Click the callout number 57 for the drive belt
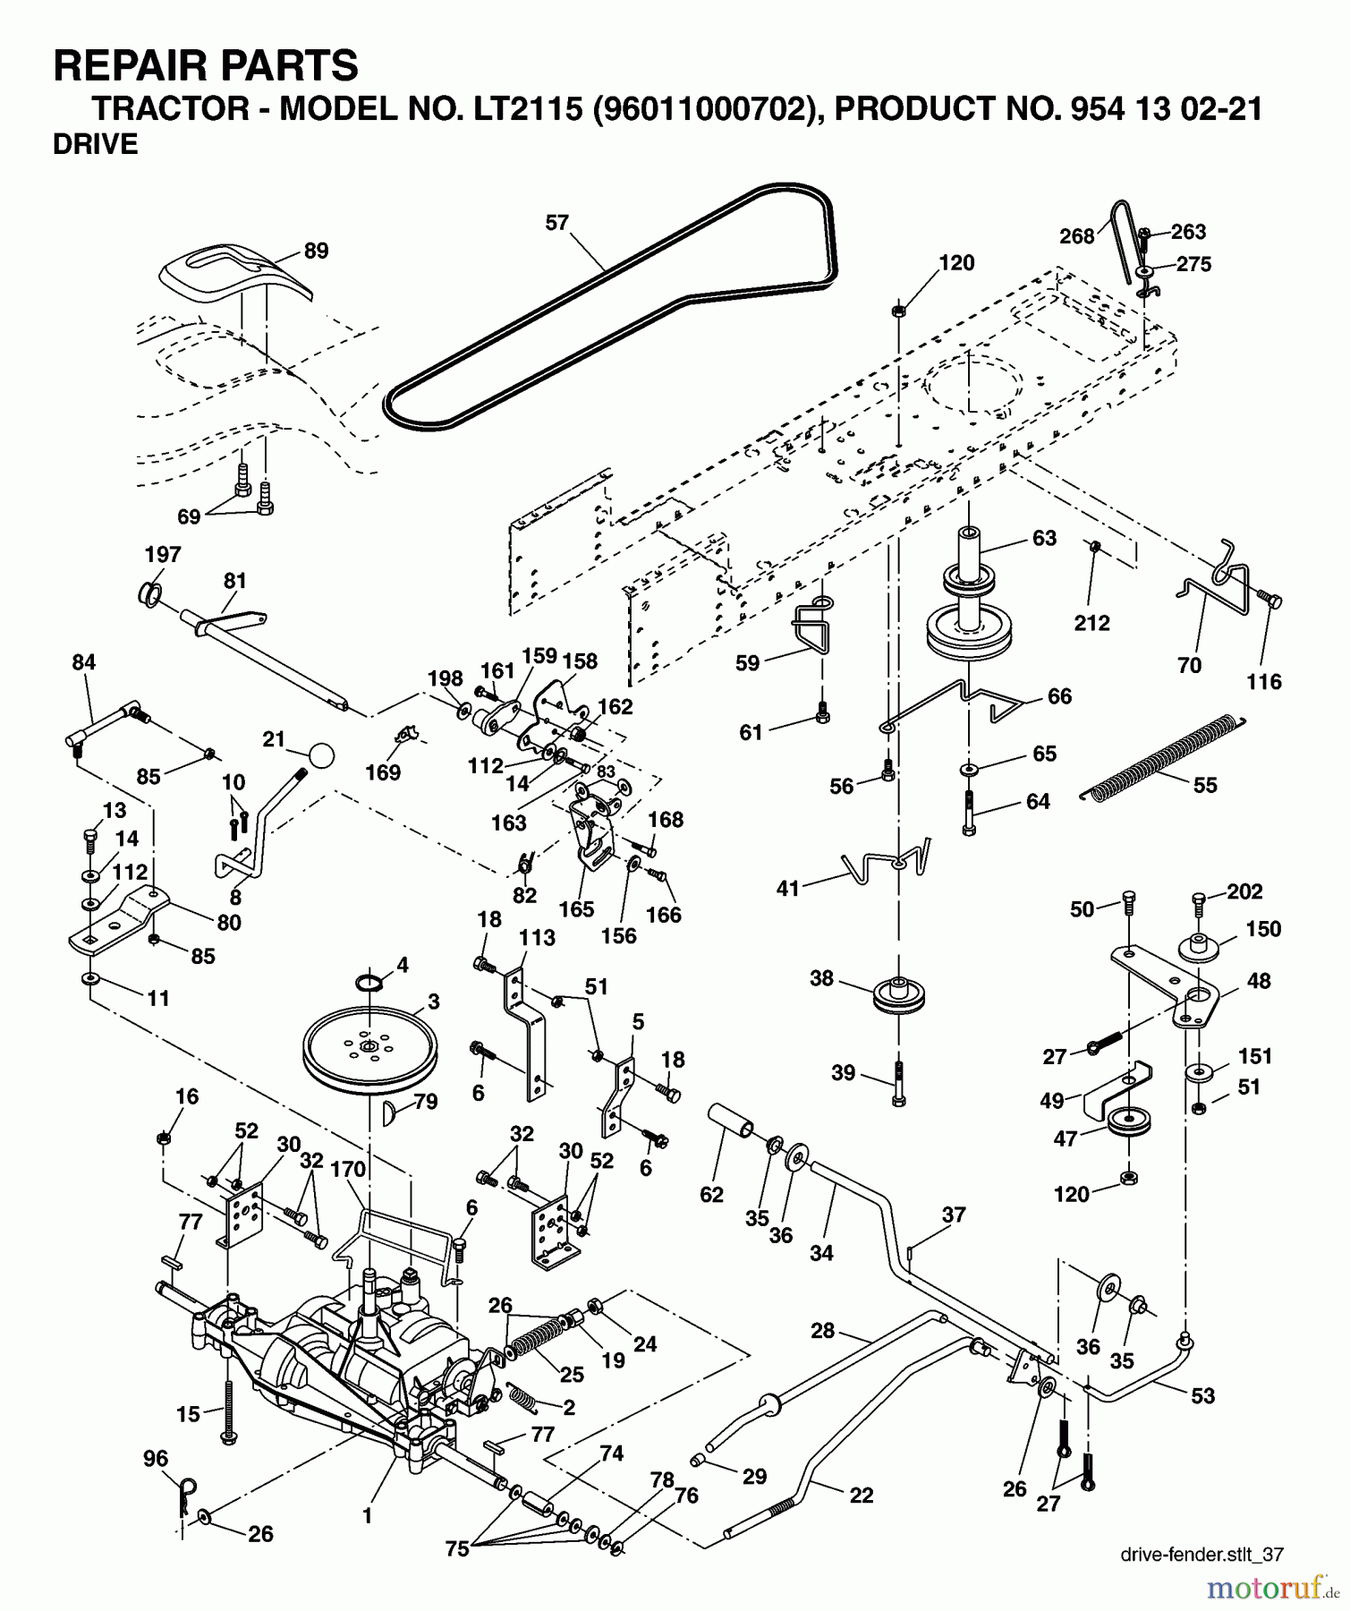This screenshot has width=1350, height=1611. click(556, 223)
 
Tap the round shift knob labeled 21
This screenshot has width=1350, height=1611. click(321, 754)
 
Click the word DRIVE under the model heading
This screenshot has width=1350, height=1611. click(96, 144)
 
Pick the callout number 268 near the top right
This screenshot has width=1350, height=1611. click(1076, 236)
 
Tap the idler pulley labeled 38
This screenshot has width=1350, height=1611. click(896, 996)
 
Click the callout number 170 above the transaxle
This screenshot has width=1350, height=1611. click(348, 1169)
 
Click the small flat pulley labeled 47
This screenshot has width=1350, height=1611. click(1127, 1124)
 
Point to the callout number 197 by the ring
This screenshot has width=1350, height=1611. click(163, 555)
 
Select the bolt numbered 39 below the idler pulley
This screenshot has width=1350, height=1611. click(898, 1084)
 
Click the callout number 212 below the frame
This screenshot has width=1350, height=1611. click(1091, 623)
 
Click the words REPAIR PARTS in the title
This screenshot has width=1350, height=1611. click(206, 66)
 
